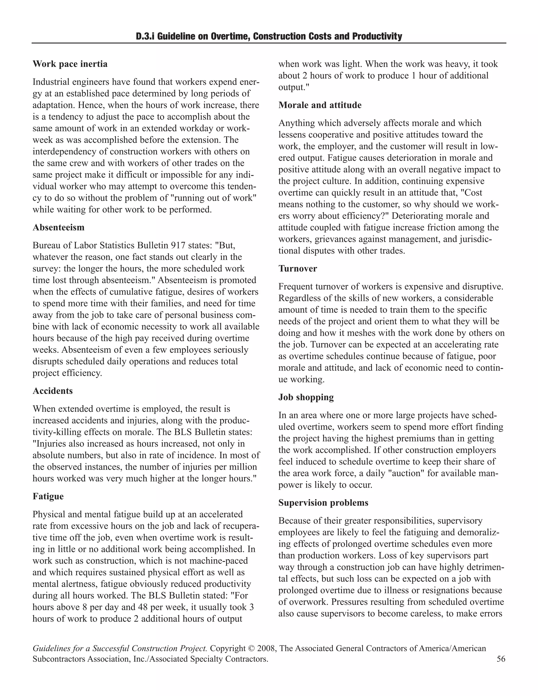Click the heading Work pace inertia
(x=70, y=64)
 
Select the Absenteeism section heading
(x=58, y=227)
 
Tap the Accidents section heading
(x=53, y=391)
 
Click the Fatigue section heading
(x=48, y=496)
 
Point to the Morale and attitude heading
(x=320, y=105)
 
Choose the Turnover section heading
(x=298, y=269)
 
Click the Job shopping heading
(x=306, y=397)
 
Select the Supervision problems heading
(x=323, y=503)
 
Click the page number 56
(x=501, y=659)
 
